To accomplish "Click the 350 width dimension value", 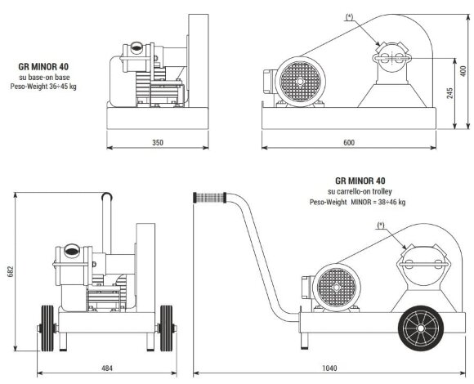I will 158,143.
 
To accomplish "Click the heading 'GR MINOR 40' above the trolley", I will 360,181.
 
